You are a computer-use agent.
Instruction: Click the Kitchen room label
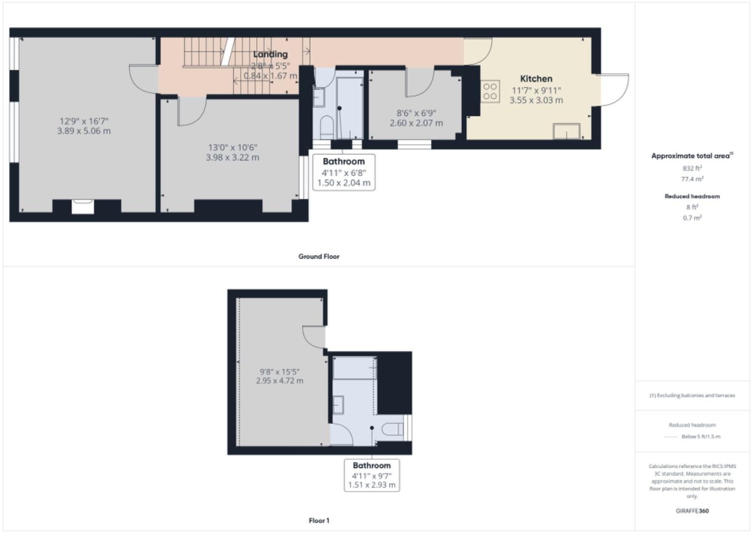click(x=536, y=78)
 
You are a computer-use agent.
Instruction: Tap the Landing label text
click(x=270, y=54)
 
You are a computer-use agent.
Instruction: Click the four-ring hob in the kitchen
click(x=490, y=91)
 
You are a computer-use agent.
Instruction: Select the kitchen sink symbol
click(x=566, y=131)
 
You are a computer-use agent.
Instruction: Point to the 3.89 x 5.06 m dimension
click(x=84, y=131)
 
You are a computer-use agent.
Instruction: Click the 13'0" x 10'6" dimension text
click(x=232, y=147)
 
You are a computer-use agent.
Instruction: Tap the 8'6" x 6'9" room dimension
click(x=416, y=113)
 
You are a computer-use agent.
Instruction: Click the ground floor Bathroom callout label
click(x=344, y=162)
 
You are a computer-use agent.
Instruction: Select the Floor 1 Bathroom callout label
click(x=371, y=465)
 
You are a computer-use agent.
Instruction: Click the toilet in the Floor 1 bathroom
click(x=393, y=429)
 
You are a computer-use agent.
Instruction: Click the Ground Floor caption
click(x=319, y=257)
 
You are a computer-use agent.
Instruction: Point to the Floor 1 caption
click(x=319, y=521)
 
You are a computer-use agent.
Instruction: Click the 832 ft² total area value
click(x=692, y=168)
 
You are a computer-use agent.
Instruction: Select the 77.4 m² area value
click(x=692, y=179)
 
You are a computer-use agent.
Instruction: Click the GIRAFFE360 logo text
click(x=692, y=511)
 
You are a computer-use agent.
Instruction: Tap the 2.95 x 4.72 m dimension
click(x=280, y=381)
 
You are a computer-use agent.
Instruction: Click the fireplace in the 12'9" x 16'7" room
click(x=82, y=206)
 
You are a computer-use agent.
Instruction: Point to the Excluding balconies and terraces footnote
click(x=692, y=395)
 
